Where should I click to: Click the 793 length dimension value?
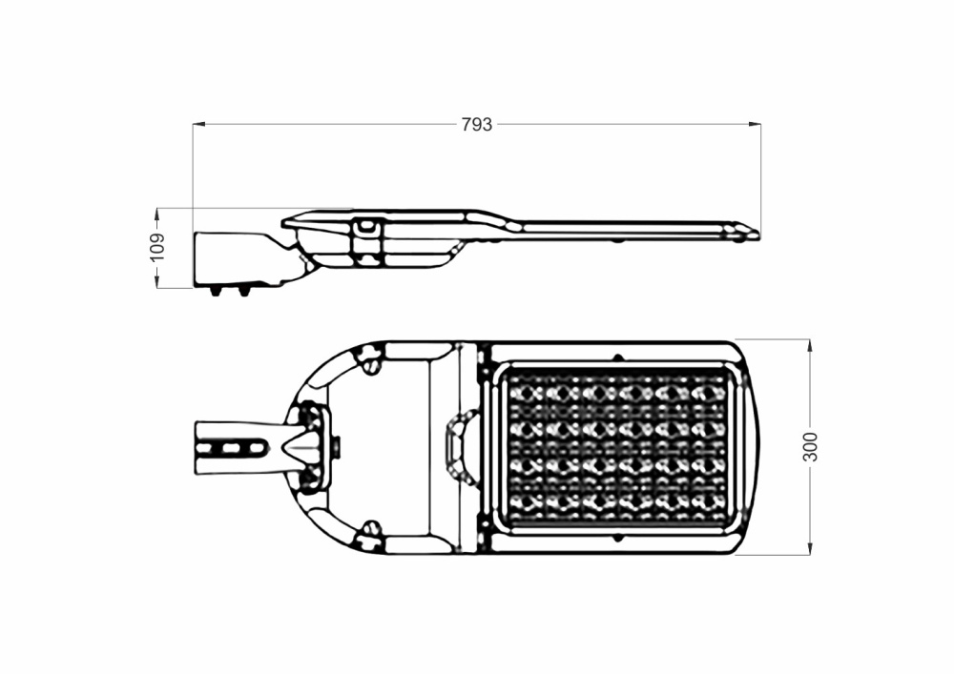coord(476,124)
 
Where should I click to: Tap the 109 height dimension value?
coord(157,247)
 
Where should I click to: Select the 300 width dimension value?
coord(810,447)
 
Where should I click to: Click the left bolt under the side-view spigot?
coord(216,292)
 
